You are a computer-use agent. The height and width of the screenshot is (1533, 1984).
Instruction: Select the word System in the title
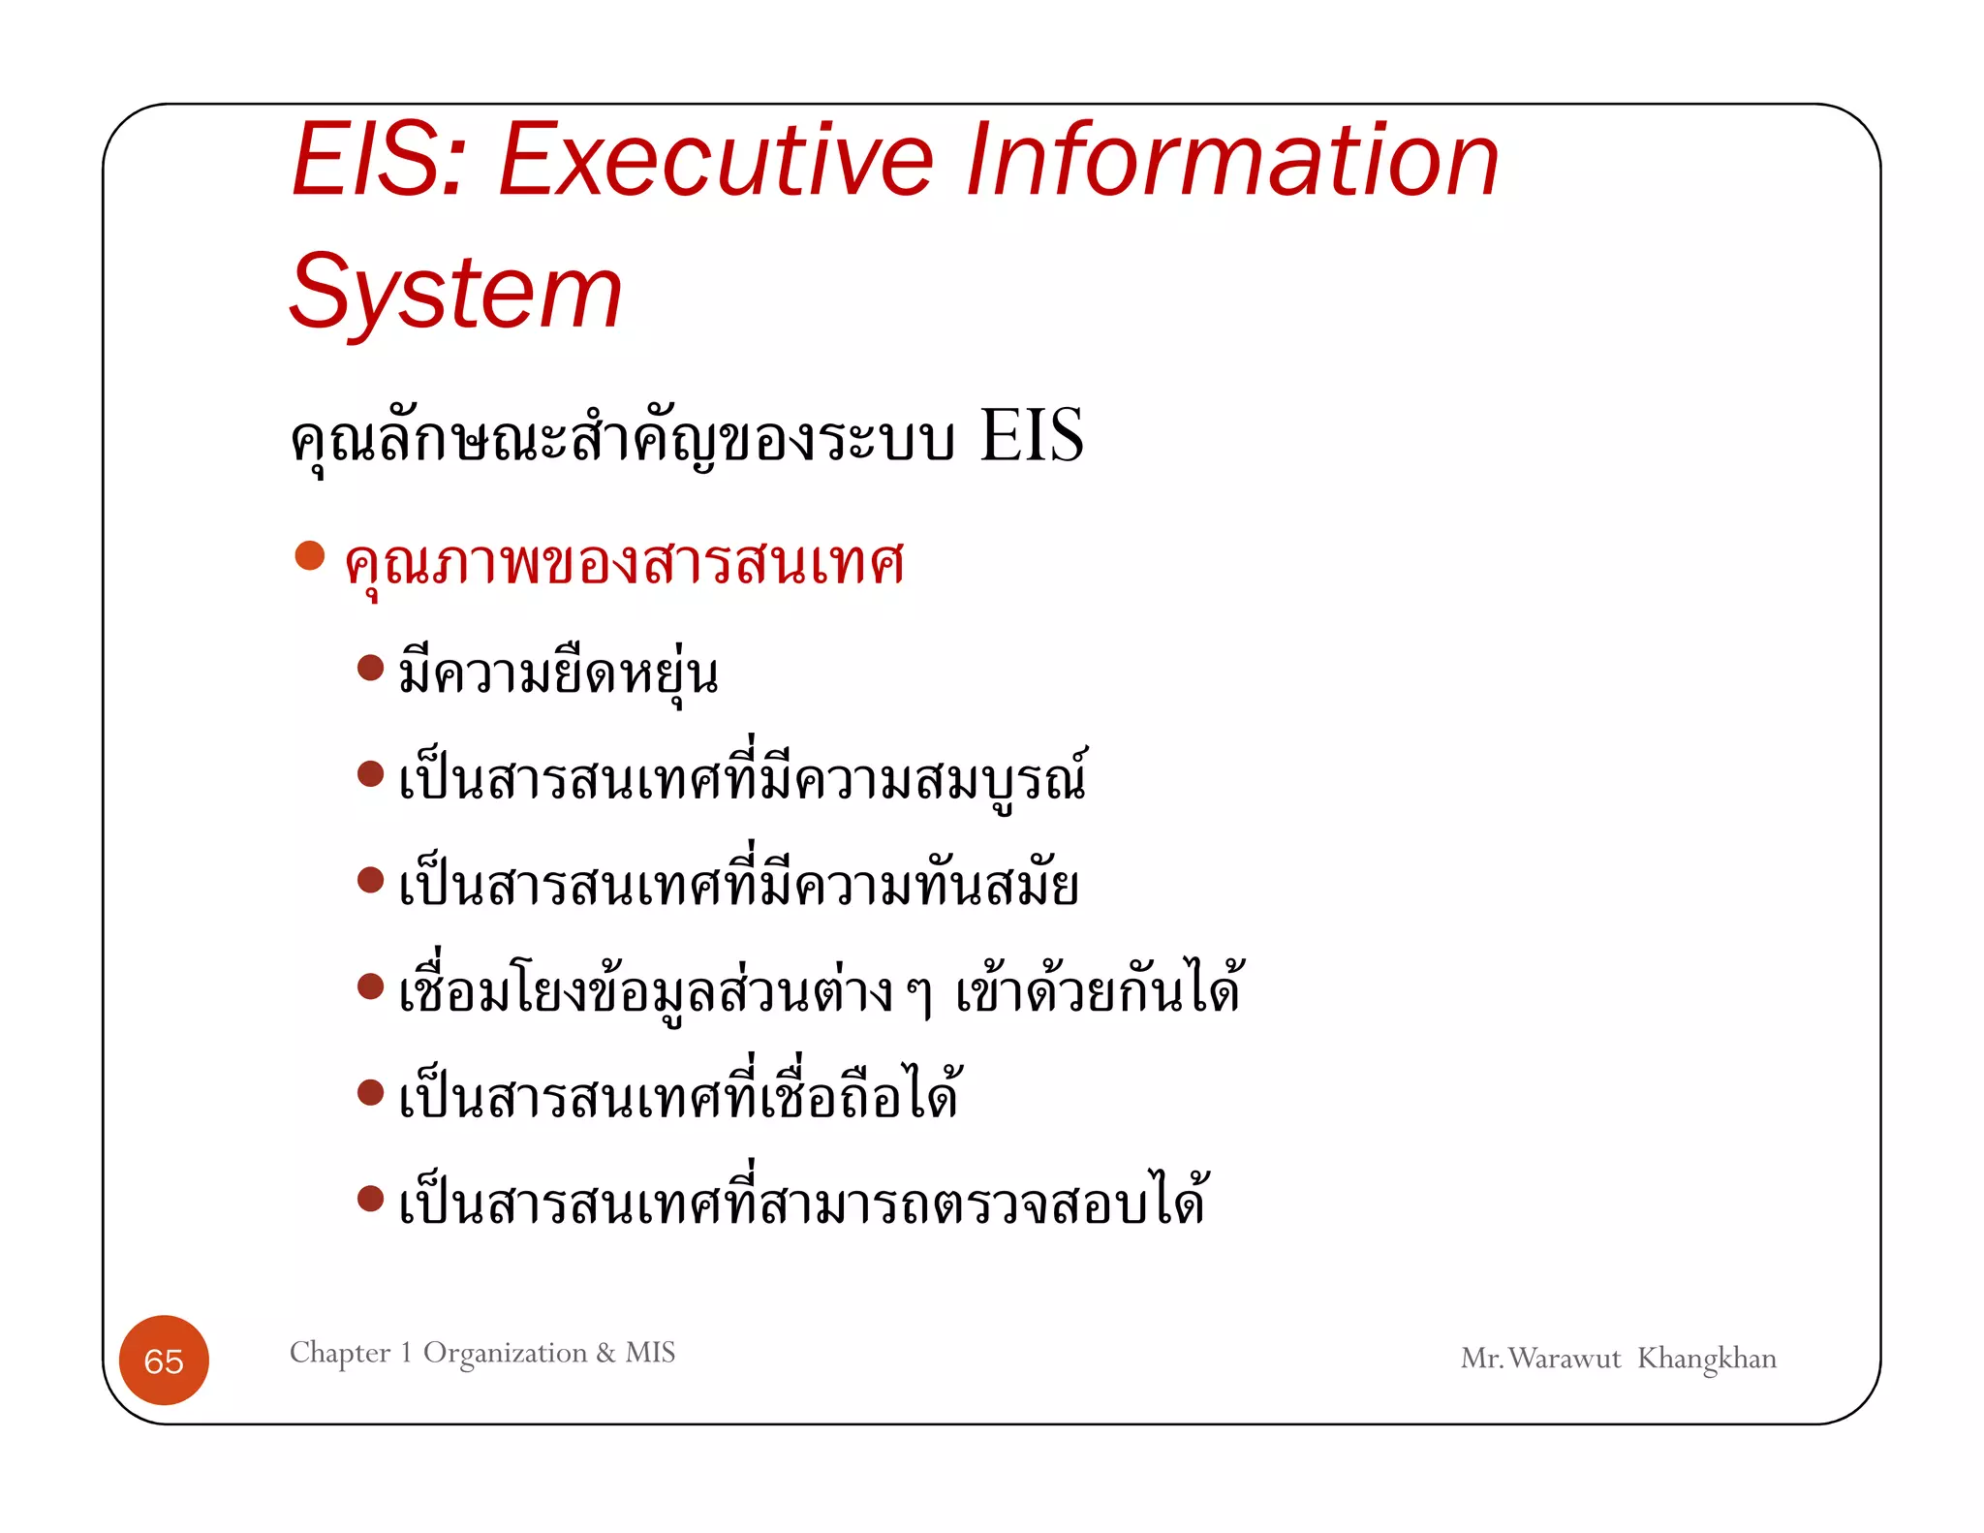[x=455, y=292]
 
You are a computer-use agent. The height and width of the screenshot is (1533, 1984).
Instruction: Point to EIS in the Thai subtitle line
[x=1031, y=436]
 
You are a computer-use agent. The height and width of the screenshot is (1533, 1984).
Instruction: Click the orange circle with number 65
[x=164, y=1361]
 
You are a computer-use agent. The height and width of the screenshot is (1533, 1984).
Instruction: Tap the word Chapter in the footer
[x=340, y=1352]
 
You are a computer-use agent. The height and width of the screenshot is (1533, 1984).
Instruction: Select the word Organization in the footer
[x=505, y=1353]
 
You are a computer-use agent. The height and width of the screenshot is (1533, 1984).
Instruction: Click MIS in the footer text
[x=650, y=1352]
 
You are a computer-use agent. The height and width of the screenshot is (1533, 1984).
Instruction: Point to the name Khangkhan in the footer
[x=1706, y=1359]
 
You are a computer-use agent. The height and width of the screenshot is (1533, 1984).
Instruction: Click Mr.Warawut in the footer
[x=1540, y=1359]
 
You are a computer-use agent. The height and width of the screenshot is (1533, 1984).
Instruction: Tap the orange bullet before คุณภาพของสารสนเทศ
[x=309, y=555]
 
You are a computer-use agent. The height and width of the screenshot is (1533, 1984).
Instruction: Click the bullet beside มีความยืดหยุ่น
[x=370, y=668]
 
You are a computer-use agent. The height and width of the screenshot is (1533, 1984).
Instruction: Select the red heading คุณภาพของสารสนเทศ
[x=625, y=562]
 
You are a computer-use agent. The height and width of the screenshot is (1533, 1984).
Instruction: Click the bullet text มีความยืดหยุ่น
[x=558, y=673]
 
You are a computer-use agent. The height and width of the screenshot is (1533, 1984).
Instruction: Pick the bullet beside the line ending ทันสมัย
[x=370, y=880]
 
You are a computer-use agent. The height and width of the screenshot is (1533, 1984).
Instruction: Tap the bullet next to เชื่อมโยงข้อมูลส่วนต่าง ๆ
[x=370, y=986]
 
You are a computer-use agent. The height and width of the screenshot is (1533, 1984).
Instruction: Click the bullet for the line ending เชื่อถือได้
[x=370, y=1093]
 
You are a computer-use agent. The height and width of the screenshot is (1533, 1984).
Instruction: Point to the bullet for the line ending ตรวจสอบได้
[x=370, y=1199]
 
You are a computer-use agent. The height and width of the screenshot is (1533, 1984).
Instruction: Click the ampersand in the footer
[x=605, y=1353]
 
